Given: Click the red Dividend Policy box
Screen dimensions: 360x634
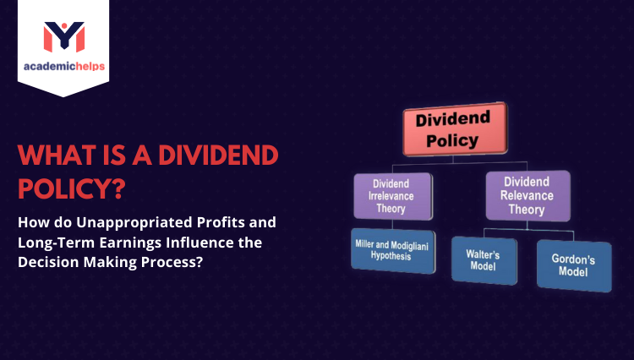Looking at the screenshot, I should point(454,129).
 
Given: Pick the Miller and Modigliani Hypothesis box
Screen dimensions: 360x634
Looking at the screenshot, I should point(393,250).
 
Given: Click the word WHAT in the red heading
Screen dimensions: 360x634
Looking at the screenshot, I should point(57,155).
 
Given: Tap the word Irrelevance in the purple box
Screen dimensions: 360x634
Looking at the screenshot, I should point(391,197).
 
